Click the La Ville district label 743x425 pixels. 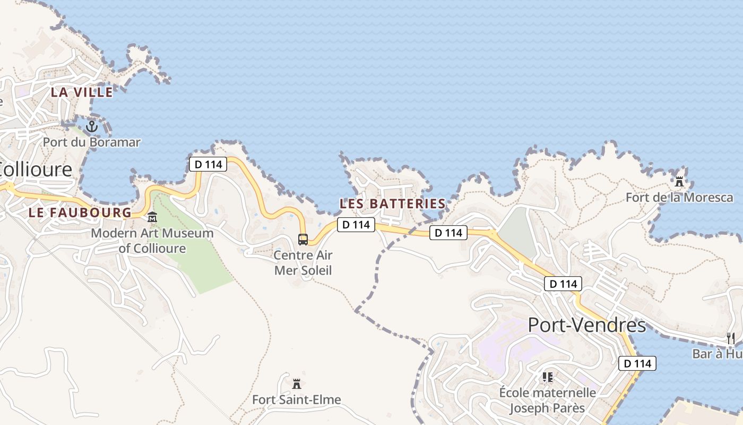pyautogui.click(x=82, y=92)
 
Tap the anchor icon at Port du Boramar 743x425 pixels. pyautogui.click(x=92, y=126)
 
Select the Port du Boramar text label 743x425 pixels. pyautogui.click(x=91, y=142)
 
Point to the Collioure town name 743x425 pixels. pyautogui.click(x=36, y=169)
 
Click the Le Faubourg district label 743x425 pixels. pyautogui.click(x=80, y=212)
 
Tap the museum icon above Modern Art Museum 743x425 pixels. pyautogui.click(x=152, y=217)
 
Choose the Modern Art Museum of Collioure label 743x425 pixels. pyautogui.click(x=152, y=241)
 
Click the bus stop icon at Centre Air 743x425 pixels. pyautogui.click(x=303, y=239)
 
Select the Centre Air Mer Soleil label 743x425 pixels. pyautogui.click(x=303, y=262)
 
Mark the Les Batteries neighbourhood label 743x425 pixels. pyautogui.click(x=392, y=203)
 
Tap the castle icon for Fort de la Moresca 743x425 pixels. pyautogui.click(x=679, y=181)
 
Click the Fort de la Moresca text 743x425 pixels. pyautogui.click(x=679, y=198)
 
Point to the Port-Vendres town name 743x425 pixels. pyautogui.click(x=587, y=325)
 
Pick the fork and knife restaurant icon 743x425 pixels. pyautogui.click(x=730, y=338)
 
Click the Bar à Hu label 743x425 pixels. pyautogui.click(x=717, y=354)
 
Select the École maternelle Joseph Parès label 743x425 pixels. pyautogui.click(x=547, y=401)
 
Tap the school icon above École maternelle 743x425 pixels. pyautogui.click(x=548, y=377)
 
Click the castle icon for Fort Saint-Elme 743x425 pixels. pyautogui.click(x=297, y=383)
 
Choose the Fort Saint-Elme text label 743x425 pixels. pyautogui.click(x=296, y=399)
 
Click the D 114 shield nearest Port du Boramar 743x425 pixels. pyautogui.click(x=208, y=164)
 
